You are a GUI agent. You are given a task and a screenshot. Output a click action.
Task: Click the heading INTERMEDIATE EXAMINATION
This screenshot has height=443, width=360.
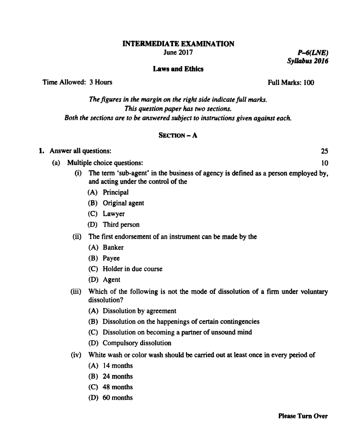tap(178, 44)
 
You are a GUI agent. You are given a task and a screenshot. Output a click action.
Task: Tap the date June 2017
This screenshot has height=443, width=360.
tap(178, 53)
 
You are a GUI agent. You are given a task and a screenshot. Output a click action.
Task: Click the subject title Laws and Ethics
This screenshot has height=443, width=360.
tap(178, 68)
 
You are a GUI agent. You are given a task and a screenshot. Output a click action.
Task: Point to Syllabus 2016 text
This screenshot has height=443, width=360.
tap(307, 61)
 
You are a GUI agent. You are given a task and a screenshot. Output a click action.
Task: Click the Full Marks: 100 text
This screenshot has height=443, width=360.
tap(291, 83)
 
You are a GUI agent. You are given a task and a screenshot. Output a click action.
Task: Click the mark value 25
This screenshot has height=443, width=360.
tap(324, 152)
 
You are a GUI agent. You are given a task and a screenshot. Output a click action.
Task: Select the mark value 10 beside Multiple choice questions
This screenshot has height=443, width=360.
tap(324, 163)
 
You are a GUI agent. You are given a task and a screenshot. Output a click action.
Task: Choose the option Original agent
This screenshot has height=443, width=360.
tap(123, 203)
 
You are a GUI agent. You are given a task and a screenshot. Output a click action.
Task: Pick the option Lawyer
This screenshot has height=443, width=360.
tap(114, 214)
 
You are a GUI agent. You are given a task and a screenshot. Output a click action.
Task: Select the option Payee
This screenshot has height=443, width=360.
tap(111, 258)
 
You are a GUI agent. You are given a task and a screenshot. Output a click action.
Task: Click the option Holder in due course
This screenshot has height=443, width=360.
tap(132, 269)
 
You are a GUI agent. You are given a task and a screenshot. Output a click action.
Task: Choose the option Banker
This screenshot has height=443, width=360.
tap(113, 248)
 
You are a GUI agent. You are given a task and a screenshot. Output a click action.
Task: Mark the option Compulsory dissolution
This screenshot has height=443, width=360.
tap(137, 343)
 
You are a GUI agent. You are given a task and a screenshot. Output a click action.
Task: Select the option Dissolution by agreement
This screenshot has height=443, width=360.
tap(139, 311)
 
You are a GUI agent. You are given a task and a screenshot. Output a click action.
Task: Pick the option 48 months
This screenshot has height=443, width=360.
tap(118, 387)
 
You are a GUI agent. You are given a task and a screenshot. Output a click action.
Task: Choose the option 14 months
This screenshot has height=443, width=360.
tap(118, 366)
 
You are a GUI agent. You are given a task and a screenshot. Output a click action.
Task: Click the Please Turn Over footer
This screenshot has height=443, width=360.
tap(303, 416)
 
